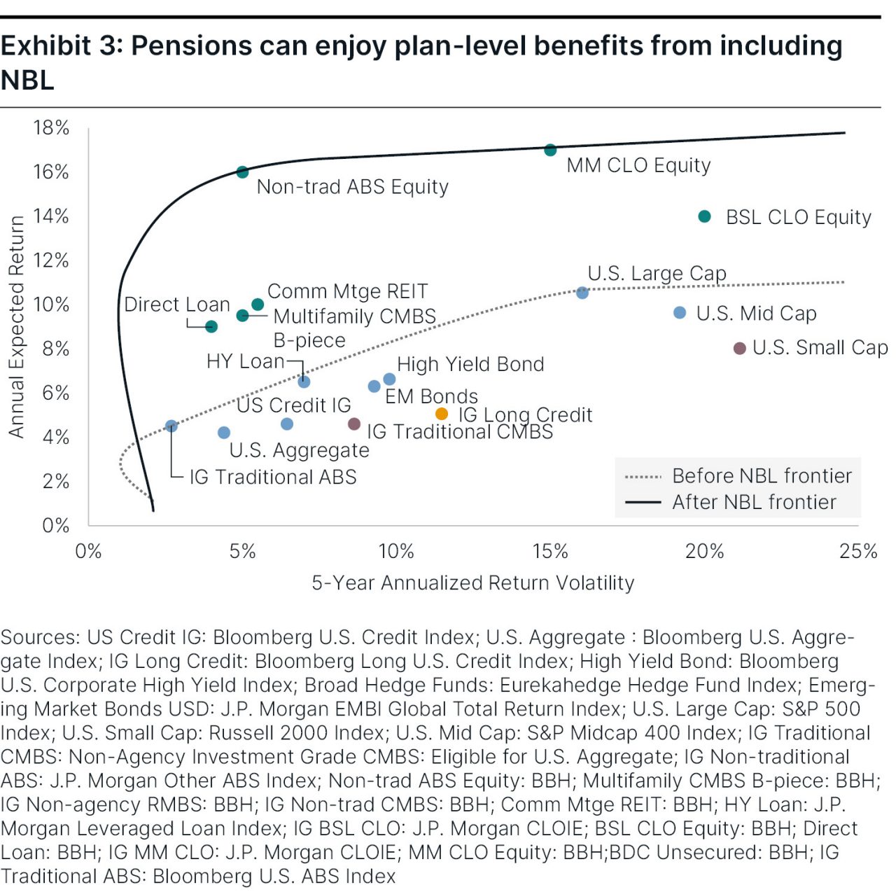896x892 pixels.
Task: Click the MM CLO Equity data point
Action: point(550,150)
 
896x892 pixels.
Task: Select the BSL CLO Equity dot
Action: point(705,216)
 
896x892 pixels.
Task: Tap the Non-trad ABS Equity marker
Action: point(242,172)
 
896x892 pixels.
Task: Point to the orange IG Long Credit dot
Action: point(442,414)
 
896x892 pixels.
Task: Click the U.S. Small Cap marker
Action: point(739,348)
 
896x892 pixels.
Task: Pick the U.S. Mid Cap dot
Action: point(680,312)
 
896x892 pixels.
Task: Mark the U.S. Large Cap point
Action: point(582,293)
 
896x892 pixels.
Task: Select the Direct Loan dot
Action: point(211,326)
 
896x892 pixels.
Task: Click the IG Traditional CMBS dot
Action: point(354,424)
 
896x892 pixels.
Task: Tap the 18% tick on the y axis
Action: point(51,127)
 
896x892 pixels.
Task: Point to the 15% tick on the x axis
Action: point(550,551)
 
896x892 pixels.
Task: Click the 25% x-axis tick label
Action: point(858,551)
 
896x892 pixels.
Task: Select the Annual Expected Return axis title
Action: point(16,327)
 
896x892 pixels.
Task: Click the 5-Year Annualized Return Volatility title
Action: point(472,583)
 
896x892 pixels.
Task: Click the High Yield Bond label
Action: point(470,364)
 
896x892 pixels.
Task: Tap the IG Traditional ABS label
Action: point(273,477)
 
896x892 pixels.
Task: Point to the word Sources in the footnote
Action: point(40,637)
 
